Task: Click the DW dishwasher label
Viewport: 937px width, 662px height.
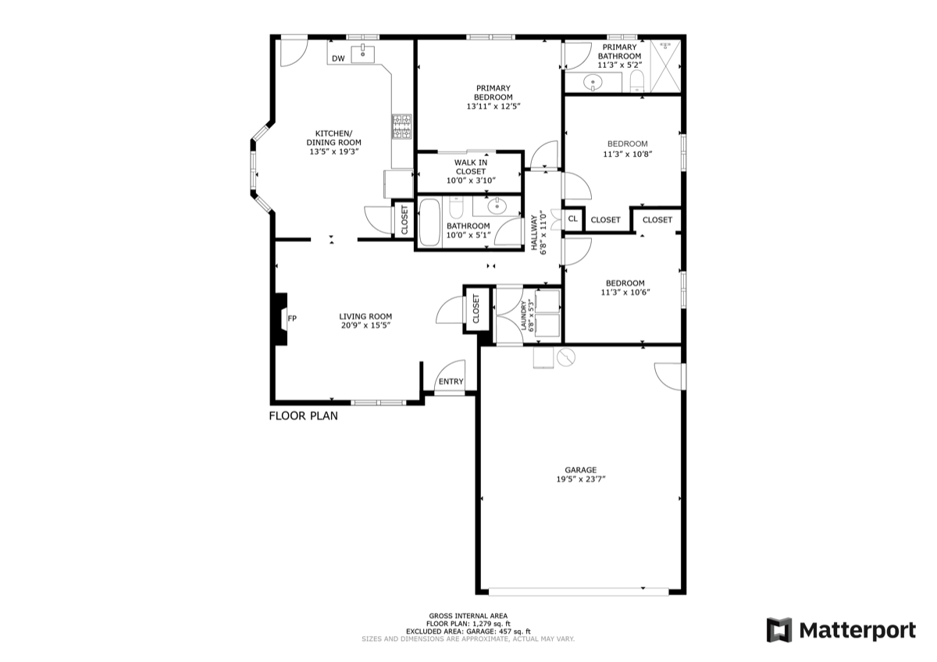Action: (x=338, y=59)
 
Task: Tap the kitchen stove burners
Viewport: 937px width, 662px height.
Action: (x=401, y=126)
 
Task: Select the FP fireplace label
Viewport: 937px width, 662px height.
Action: (x=292, y=319)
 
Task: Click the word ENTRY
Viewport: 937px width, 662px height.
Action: (x=451, y=382)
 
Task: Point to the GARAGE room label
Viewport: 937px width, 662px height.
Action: (x=581, y=470)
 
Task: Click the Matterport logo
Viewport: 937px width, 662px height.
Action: (x=841, y=630)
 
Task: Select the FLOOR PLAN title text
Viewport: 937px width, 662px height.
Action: (x=303, y=415)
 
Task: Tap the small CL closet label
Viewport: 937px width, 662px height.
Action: (x=572, y=219)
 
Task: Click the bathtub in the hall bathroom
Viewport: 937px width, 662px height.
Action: (x=429, y=222)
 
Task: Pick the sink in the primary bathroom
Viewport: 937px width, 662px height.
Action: (x=593, y=82)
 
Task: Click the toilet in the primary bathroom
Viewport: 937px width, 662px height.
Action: (x=636, y=81)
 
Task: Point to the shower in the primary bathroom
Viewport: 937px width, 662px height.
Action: (x=665, y=66)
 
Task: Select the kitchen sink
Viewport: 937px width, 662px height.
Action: (x=362, y=54)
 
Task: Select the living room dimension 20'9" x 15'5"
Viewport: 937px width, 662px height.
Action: (x=366, y=326)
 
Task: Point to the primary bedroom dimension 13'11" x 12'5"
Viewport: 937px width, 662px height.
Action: (x=493, y=106)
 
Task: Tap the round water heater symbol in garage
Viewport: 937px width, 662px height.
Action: (x=566, y=357)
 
